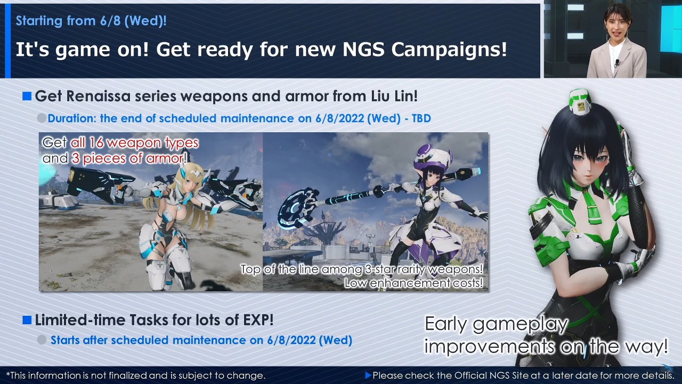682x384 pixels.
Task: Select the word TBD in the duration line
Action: pyautogui.click(x=421, y=118)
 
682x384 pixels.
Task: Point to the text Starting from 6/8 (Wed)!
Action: pyautogui.click(x=91, y=21)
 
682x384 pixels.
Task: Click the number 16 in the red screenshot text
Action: pyautogui.click(x=96, y=142)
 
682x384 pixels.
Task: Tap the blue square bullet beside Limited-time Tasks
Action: pyautogui.click(x=27, y=320)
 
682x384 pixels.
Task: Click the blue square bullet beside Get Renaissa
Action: pyautogui.click(x=27, y=97)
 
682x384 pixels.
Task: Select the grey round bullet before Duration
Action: pyautogui.click(x=42, y=118)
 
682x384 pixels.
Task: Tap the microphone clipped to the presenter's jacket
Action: pyautogui.click(x=617, y=63)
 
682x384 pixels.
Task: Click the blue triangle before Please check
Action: pyautogui.click(x=368, y=375)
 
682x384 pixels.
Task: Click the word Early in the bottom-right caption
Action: pyautogui.click(x=446, y=324)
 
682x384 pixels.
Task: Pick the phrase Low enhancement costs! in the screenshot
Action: pyautogui.click(x=413, y=283)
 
